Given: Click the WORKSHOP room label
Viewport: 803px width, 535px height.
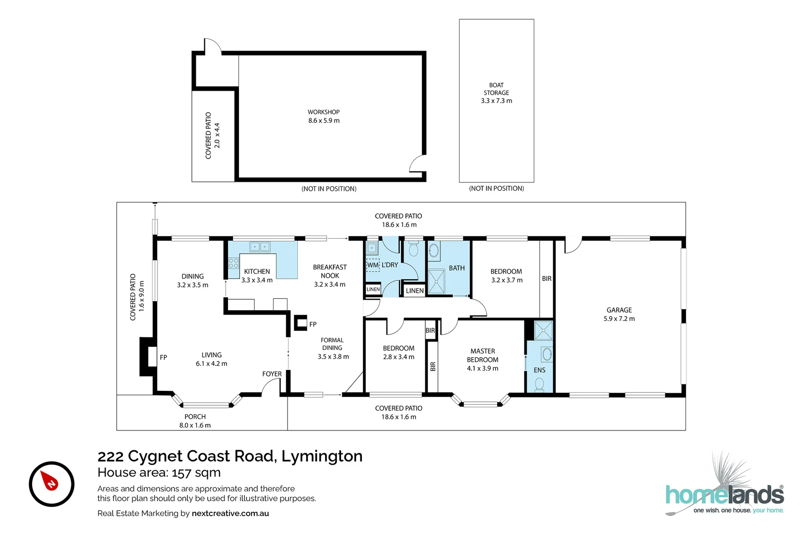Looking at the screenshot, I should (x=324, y=116).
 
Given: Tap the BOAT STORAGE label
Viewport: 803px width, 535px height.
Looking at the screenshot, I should (x=496, y=93).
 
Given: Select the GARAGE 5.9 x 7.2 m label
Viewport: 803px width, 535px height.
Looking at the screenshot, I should (x=619, y=315).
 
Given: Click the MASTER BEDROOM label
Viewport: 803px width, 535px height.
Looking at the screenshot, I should (x=482, y=360).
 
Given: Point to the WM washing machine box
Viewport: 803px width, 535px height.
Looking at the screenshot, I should (x=373, y=265).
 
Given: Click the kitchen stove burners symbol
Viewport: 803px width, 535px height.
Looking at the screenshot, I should (x=233, y=263).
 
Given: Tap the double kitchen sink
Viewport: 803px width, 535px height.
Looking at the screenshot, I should (x=260, y=247).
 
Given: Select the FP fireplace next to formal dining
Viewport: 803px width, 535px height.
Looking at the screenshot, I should (x=301, y=323).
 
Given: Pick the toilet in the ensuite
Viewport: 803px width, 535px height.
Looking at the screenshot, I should (x=540, y=384).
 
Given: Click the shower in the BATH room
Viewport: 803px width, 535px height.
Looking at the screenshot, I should (x=437, y=281).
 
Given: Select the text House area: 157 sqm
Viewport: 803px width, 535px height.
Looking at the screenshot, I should (x=159, y=473).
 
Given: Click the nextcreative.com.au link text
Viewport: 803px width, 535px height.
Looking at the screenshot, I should (x=230, y=513).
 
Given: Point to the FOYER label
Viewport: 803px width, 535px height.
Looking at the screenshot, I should (x=272, y=374).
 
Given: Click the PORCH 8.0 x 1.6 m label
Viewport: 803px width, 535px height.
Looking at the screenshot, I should (x=195, y=421).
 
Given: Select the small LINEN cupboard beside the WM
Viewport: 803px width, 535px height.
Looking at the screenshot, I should (x=373, y=289).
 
